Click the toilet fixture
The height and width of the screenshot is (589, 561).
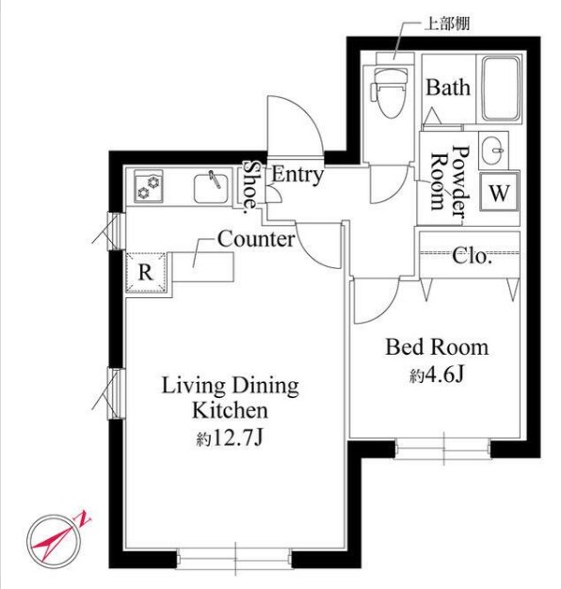[389, 92]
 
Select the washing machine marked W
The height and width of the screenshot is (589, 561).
[499, 192]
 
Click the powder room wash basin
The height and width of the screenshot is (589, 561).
[493, 151]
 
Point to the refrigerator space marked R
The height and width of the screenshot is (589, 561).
[146, 272]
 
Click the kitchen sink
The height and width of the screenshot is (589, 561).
[211, 188]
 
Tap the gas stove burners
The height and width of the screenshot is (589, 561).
[149, 186]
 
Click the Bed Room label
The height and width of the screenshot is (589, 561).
[437, 347]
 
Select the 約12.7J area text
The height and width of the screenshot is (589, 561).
[229, 438]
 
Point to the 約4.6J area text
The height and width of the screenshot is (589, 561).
[437, 374]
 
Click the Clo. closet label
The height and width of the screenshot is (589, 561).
[472, 256]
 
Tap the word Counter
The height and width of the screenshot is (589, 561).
[256, 239]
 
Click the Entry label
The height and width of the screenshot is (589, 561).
[297, 175]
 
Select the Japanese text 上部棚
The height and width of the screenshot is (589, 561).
[447, 24]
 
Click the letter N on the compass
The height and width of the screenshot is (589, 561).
[84, 517]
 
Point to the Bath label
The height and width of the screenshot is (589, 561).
[448, 88]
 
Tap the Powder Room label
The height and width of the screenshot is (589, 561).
[450, 181]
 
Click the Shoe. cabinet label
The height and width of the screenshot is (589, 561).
[250, 186]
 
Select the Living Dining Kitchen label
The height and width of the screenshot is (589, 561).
[230, 398]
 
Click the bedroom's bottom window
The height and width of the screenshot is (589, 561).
[443, 448]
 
